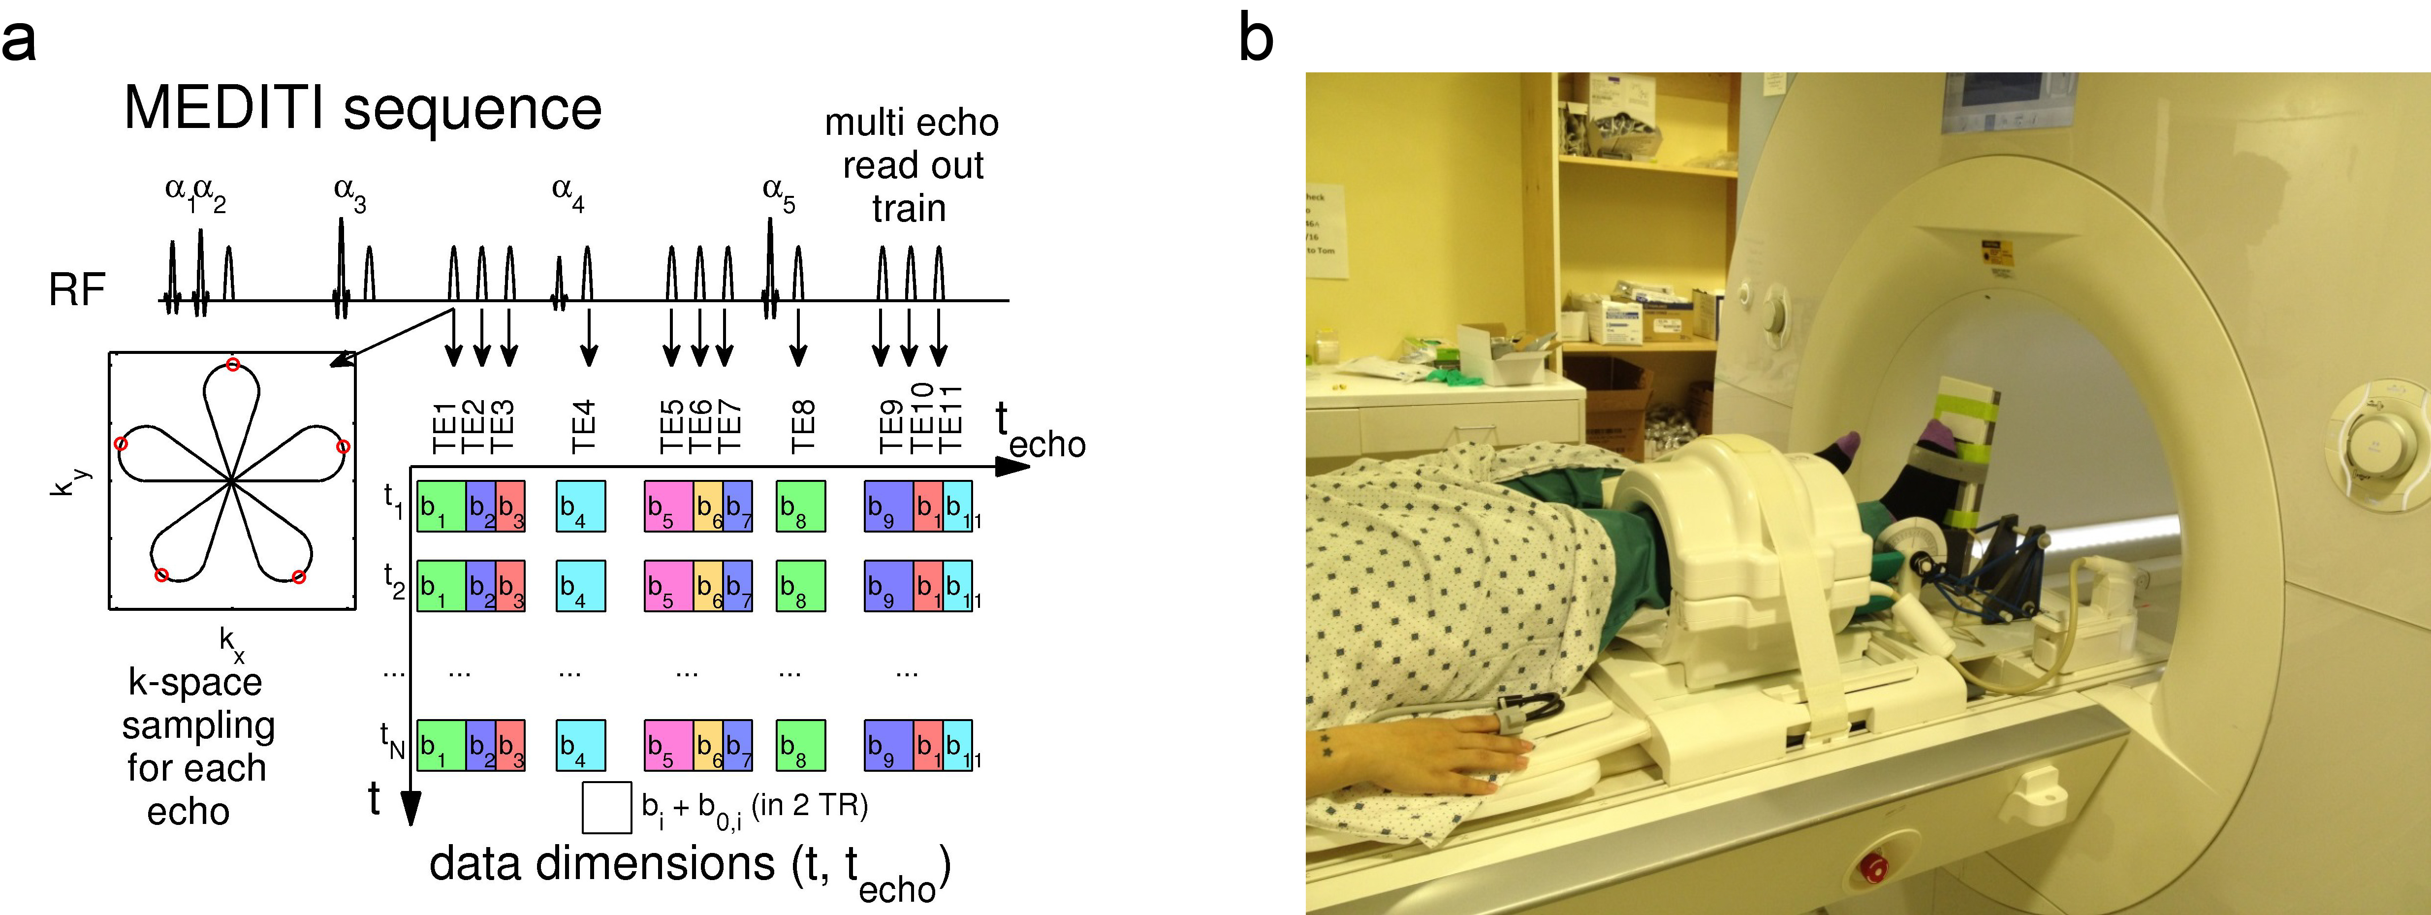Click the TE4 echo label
pos(583,426)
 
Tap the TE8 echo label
pos(801,426)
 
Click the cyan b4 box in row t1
pos(580,506)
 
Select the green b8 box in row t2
pos(800,586)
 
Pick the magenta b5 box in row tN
pos(668,745)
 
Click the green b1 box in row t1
pos(441,506)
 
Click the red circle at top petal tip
pos(232,364)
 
